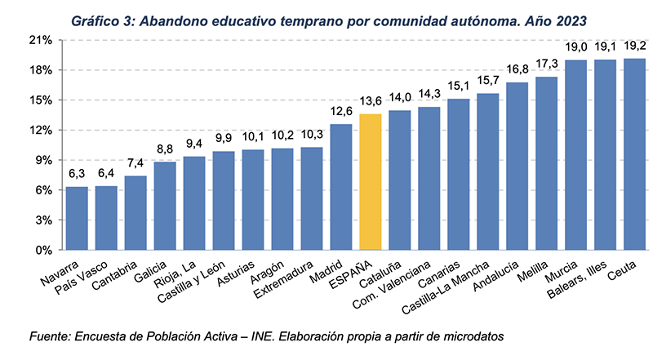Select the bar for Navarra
(77, 218)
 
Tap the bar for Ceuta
(634, 154)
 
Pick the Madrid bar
(341, 187)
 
